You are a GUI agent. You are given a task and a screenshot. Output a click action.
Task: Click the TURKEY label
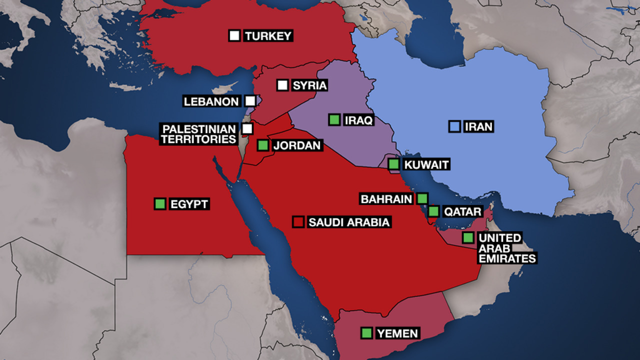pyautogui.click(x=268, y=36)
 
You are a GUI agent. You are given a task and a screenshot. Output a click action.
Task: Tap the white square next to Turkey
pyautogui.click(x=234, y=35)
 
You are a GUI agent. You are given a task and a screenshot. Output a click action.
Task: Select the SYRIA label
pyautogui.click(x=309, y=85)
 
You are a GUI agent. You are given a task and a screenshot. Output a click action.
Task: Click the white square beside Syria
pyautogui.click(x=282, y=85)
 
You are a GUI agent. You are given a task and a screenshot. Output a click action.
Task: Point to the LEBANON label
pyautogui.click(x=211, y=101)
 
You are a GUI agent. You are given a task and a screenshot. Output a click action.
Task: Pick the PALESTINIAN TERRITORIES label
pyautogui.click(x=198, y=134)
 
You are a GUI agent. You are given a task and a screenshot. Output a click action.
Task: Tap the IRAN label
pyautogui.click(x=478, y=127)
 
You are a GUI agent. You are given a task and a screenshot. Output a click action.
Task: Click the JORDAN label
pyautogui.click(x=296, y=146)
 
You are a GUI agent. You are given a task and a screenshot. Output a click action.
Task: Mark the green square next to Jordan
pyautogui.click(x=262, y=145)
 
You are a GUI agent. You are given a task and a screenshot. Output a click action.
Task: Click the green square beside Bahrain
pyautogui.click(x=422, y=198)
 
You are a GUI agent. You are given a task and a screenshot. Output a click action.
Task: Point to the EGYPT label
pyautogui.click(x=188, y=204)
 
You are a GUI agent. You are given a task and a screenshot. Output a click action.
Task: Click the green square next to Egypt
pyautogui.click(x=160, y=204)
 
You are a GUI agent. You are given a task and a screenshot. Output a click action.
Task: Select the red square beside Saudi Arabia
pyautogui.click(x=299, y=222)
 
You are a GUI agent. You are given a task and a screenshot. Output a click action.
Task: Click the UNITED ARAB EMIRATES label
pyautogui.click(x=506, y=248)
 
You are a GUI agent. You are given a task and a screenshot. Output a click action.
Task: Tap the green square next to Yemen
pyautogui.click(x=367, y=332)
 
